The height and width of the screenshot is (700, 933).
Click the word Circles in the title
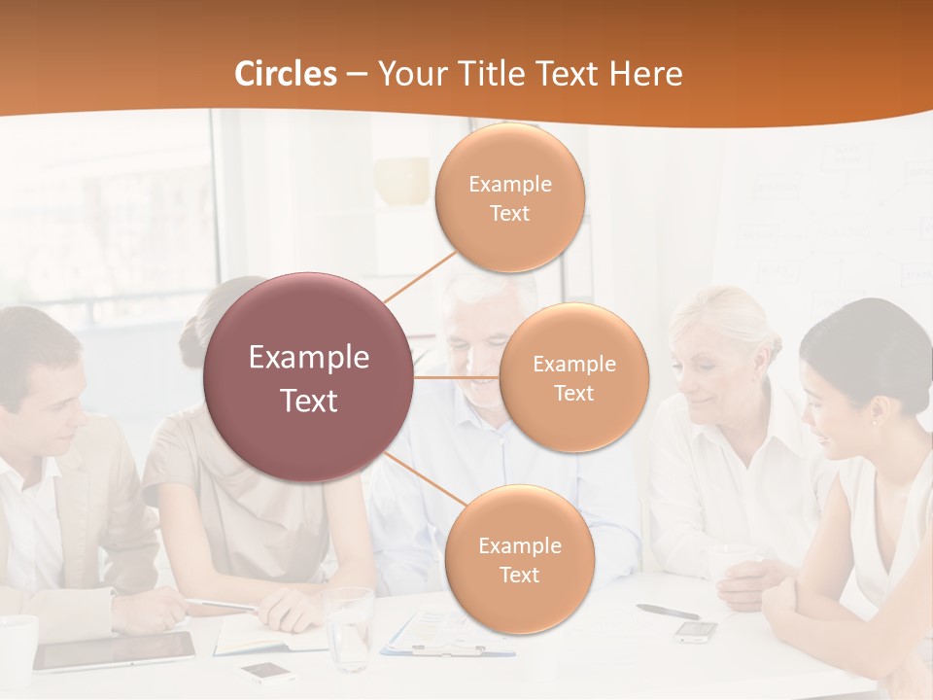(x=286, y=74)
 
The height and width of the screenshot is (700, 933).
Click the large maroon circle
(x=309, y=377)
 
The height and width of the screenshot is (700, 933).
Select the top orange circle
(x=510, y=197)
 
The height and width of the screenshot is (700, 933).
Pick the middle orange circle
(x=574, y=377)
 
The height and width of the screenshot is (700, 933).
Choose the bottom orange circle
(x=519, y=559)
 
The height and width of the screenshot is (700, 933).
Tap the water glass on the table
(x=348, y=627)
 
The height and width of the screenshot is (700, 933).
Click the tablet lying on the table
(x=115, y=650)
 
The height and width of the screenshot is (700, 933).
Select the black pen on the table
(x=668, y=612)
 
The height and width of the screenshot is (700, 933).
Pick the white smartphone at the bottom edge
(x=267, y=671)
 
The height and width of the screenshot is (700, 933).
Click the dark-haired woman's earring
(x=873, y=420)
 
